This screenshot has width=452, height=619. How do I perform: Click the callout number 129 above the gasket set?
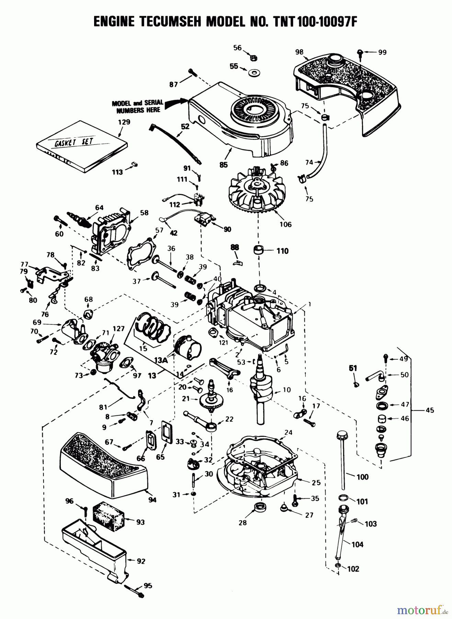tap(124, 122)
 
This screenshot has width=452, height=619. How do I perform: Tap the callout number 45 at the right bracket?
tap(429, 410)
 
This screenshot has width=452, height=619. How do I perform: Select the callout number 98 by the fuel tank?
tap(299, 52)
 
